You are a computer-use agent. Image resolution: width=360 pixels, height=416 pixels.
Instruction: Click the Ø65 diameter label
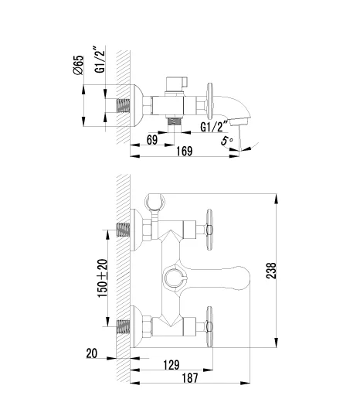pos(79,65)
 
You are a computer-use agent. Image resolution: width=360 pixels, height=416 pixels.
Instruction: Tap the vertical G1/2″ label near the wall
pos(100,60)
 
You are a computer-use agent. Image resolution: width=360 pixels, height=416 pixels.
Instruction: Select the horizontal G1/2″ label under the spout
pos(214,127)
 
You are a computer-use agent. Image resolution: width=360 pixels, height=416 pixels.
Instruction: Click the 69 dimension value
pos(152,140)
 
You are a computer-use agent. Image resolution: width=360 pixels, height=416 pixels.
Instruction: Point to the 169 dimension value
pos(185,152)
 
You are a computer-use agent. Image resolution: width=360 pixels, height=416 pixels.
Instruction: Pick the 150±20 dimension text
pos(103,278)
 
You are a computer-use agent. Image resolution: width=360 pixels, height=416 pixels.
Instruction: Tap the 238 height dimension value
pos(271,271)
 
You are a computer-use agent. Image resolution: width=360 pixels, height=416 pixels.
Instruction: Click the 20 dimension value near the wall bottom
pos(92,353)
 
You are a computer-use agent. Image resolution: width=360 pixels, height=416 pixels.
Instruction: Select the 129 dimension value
pos(172,365)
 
